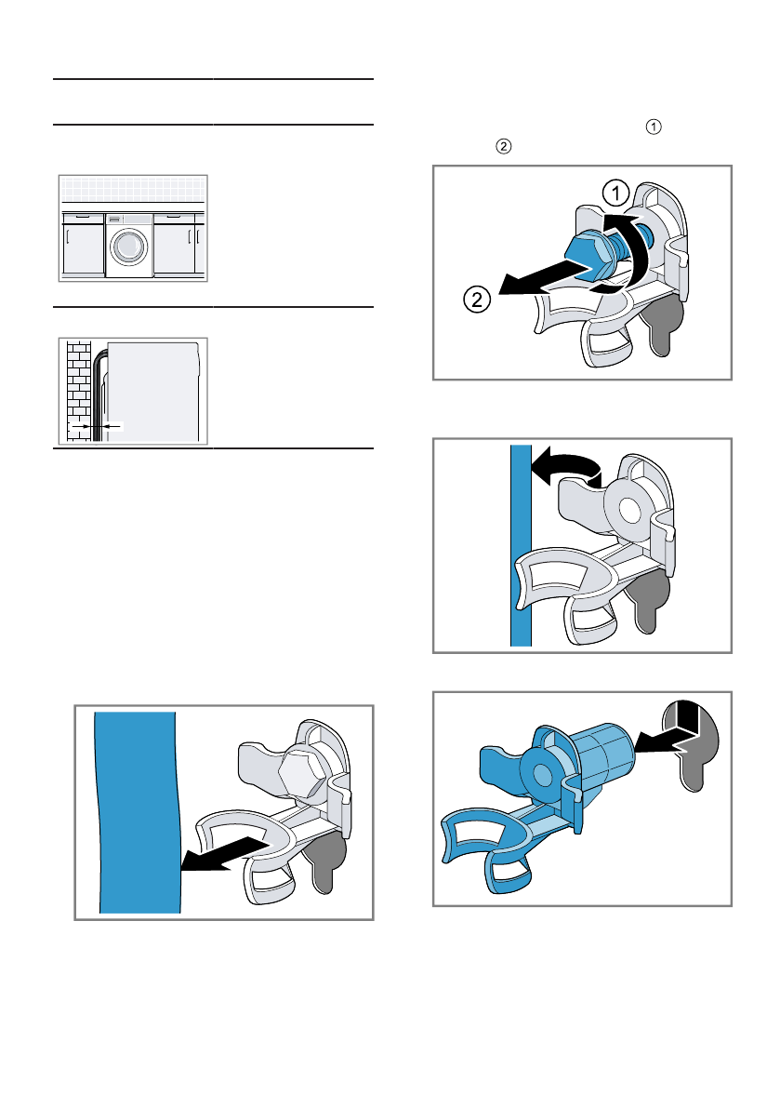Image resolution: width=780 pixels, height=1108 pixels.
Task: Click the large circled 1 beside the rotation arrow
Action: point(615,193)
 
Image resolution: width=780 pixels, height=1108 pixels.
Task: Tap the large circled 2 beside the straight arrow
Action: point(477,300)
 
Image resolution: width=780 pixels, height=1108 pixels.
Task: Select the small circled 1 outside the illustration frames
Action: point(654,127)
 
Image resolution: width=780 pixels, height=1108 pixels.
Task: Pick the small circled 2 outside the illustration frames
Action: point(503,146)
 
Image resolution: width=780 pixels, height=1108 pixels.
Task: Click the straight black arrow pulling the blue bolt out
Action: point(544,278)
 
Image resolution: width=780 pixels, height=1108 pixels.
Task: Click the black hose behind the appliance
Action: point(98,395)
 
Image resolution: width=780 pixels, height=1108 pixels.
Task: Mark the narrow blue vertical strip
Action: point(521,545)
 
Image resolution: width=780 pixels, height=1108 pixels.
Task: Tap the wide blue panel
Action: point(138,812)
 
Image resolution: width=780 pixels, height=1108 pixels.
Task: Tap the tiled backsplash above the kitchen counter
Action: point(133,190)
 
